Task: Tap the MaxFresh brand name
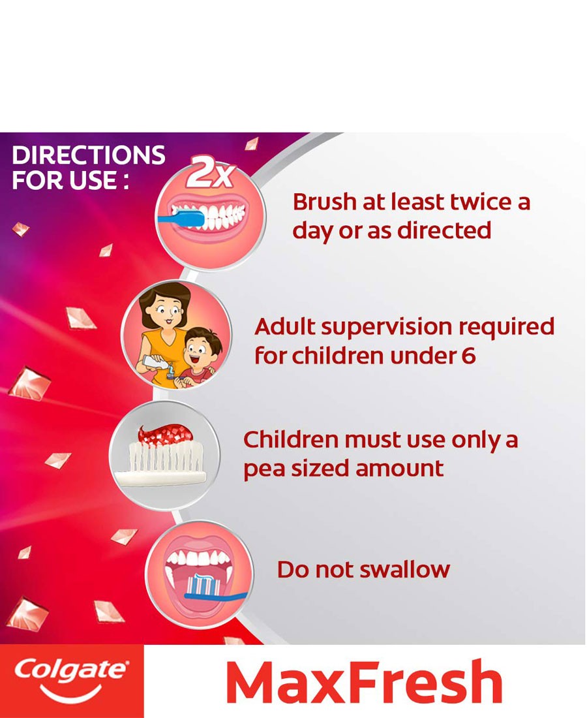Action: coord(364,681)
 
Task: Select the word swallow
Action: coord(405,570)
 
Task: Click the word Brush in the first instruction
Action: coord(324,202)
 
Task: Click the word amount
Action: coord(399,469)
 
